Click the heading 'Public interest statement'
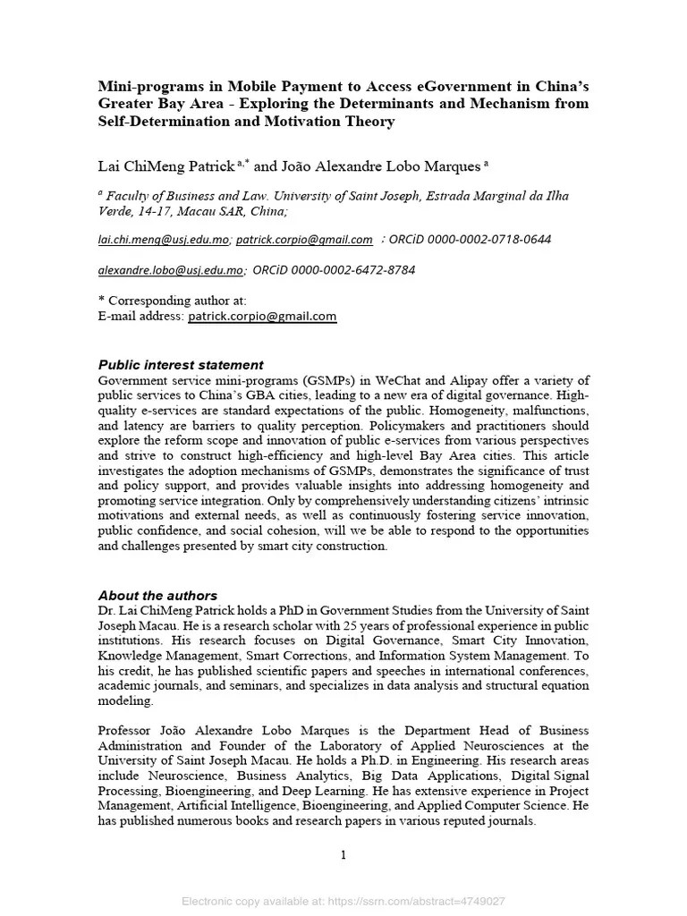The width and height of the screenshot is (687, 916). pyautogui.click(x=180, y=365)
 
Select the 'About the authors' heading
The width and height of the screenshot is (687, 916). pyautogui.click(x=157, y=596)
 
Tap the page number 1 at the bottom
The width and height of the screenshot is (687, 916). pyautogui.click(x=343, y=855)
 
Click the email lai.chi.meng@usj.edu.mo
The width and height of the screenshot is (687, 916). pyautogui.click(x=163, y=240)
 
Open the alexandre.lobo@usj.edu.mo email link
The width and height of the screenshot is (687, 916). pyautogui.click(x=170, y=270)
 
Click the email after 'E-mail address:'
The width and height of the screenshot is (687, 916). pyautogui.click(x=261, y=317)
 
